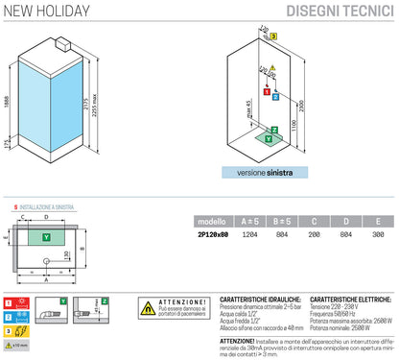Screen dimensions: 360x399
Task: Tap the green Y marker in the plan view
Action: tap(47, 235)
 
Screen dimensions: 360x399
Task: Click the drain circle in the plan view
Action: tap(47, 259)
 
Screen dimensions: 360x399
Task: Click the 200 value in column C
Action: tap(313, 234)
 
